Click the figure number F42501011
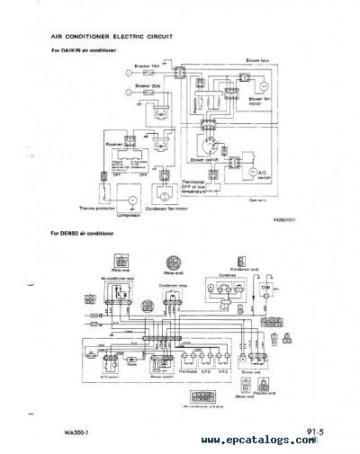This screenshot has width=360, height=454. (x=283, y=219)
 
